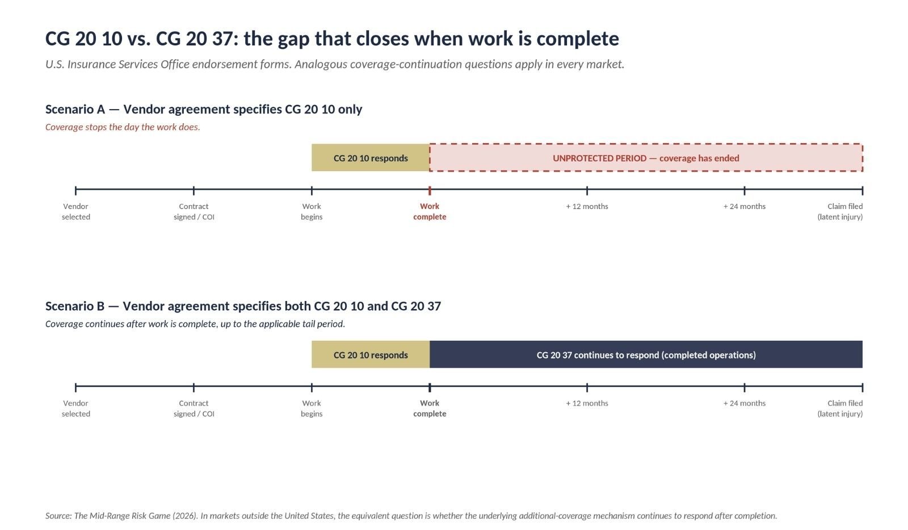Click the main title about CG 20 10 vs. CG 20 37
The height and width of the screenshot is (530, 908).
pos(332,39)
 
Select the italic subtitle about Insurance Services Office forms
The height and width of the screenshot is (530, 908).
pos(335,65)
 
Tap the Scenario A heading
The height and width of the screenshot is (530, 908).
pos(204,109)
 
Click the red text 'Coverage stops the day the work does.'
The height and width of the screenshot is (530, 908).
pos(123,127)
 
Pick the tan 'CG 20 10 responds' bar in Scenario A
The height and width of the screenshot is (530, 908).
pos(371,158)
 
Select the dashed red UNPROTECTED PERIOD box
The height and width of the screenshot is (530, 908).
pos(646,158)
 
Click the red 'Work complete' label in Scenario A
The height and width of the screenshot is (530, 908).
pos(430,211)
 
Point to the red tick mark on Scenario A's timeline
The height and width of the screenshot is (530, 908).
pos(430,190)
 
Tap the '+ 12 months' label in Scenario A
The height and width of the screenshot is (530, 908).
pos(587,207)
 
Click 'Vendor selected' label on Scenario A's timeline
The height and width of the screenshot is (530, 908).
pos(76,211)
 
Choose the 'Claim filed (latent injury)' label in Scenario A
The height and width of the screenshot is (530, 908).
pos(840,211)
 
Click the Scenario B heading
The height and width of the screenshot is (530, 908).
pos(243,306)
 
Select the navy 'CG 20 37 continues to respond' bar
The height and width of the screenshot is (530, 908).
pos(646,354)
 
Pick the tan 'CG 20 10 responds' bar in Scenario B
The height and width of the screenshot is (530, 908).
pos(371,354)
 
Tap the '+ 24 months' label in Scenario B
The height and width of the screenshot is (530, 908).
pos(745,403)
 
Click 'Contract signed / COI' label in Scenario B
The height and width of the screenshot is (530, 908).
pos(194,408)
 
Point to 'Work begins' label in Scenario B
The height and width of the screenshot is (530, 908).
pos(312,408)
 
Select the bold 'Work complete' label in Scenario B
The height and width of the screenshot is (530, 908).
pos(430,408)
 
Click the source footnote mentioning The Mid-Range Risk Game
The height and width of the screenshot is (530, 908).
pos(411,516)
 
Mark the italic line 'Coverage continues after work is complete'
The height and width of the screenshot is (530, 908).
pos(195,324)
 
